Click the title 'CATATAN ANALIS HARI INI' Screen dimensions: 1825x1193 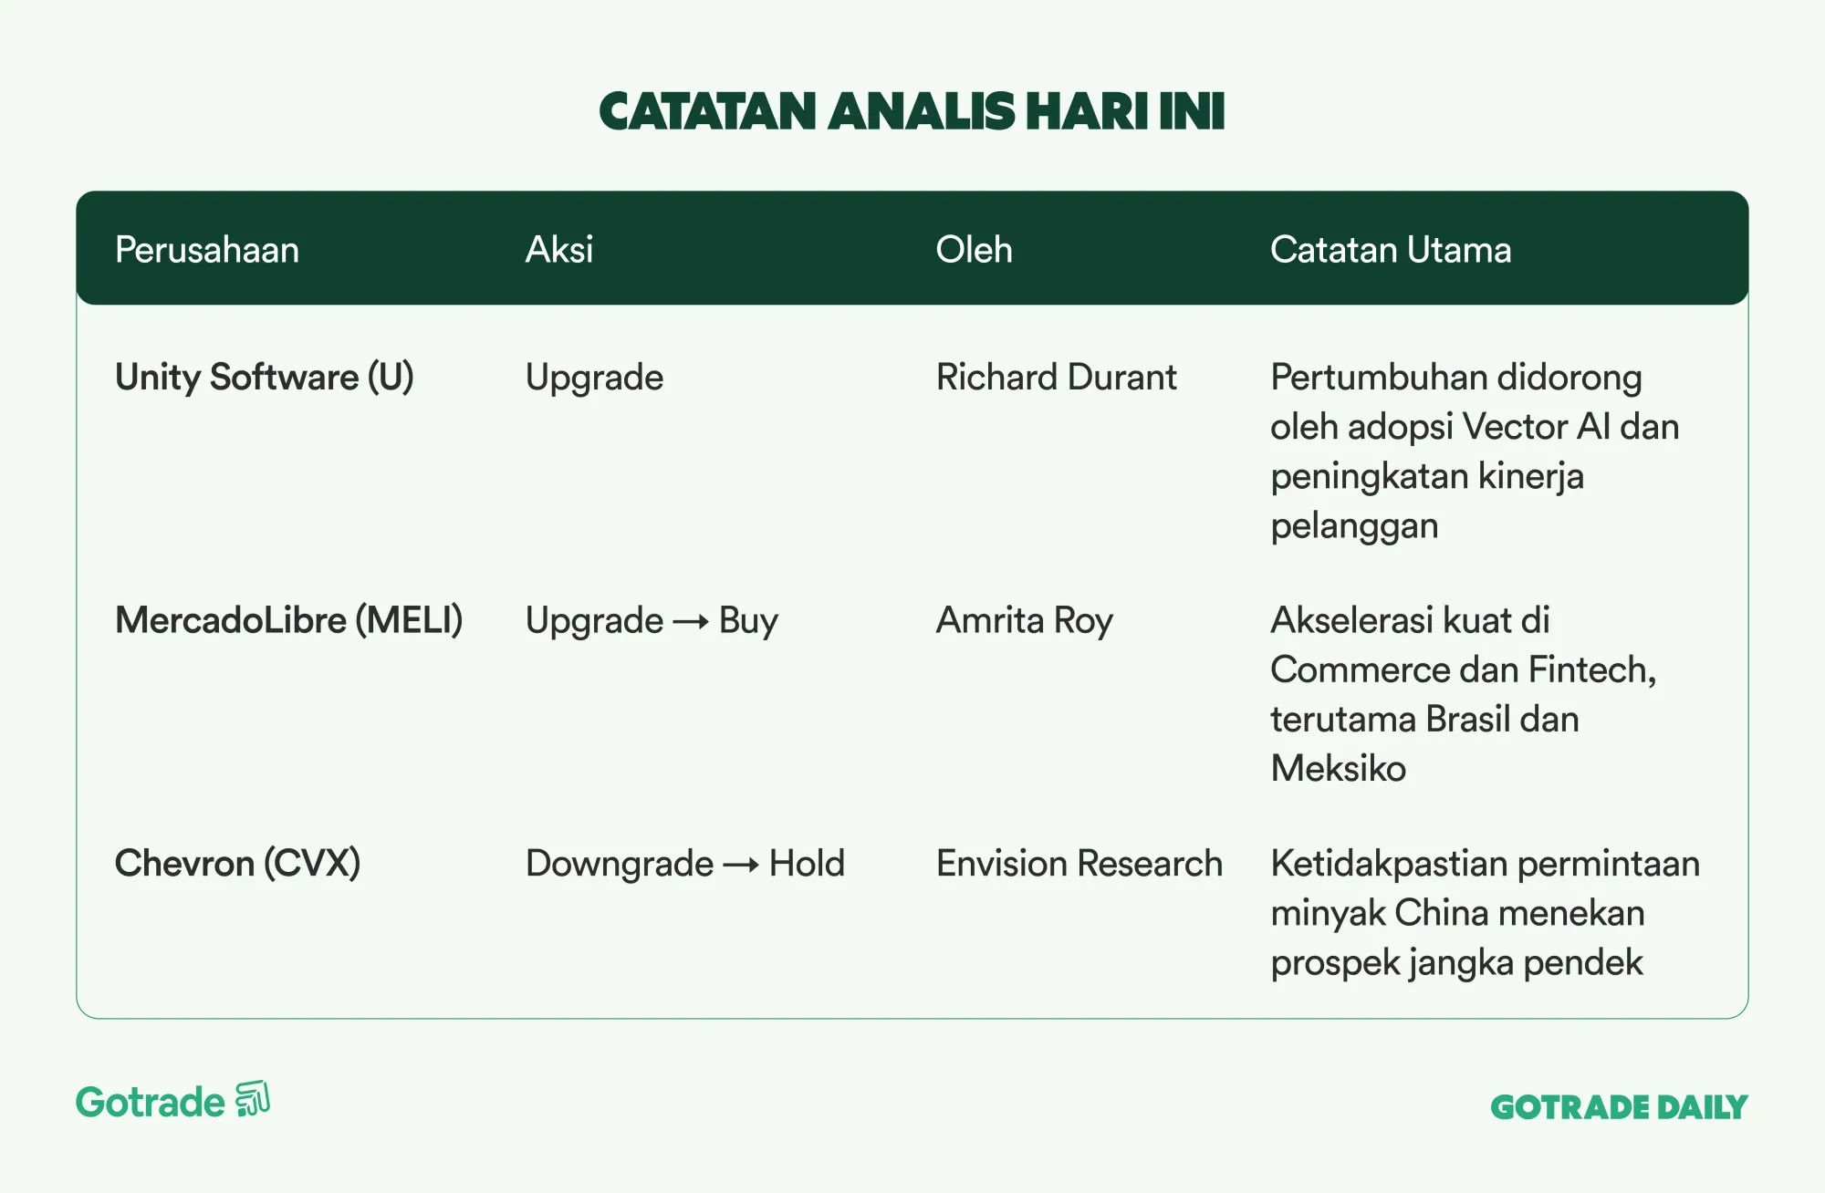point(912,111)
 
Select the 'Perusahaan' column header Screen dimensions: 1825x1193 point(207,250)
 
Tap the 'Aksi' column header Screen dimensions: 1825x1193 point(559,250)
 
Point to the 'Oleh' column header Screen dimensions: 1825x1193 point(975,250)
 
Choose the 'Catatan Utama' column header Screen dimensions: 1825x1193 point(1391,250)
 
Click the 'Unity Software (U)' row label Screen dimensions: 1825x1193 point(265,378)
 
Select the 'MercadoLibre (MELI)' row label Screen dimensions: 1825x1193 point(289,621)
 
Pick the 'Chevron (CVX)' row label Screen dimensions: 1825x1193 point(238,864)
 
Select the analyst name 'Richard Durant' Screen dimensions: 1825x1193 point(1057,378)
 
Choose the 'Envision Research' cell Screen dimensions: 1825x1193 point(1079,864)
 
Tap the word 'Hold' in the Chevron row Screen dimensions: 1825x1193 point(807,864)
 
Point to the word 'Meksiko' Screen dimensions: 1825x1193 point(1339,769)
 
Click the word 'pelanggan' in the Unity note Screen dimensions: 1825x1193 point(1354,527)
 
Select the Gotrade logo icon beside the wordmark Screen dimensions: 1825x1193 point(253,1099)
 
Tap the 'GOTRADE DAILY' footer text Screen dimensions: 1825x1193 point(1620,1107)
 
